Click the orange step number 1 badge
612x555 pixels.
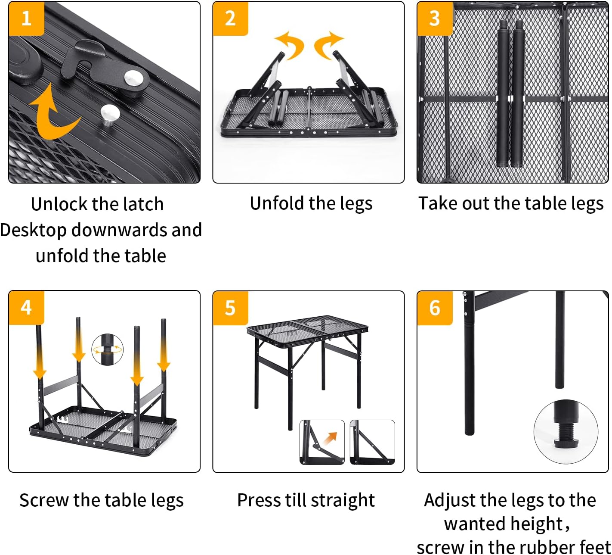(26, 19)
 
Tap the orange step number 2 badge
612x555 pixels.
(230, 19)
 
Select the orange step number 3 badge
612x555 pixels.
(435, 19)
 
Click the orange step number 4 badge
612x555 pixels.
(26, 307)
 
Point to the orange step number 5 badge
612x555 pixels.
(230, 308)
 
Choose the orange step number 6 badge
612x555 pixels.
(435, 308)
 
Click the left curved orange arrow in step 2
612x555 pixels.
(290, 45)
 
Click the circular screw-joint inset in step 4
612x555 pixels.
(108, 349)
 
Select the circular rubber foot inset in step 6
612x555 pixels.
(566, 432)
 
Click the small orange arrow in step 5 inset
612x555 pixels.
(330, 439)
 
